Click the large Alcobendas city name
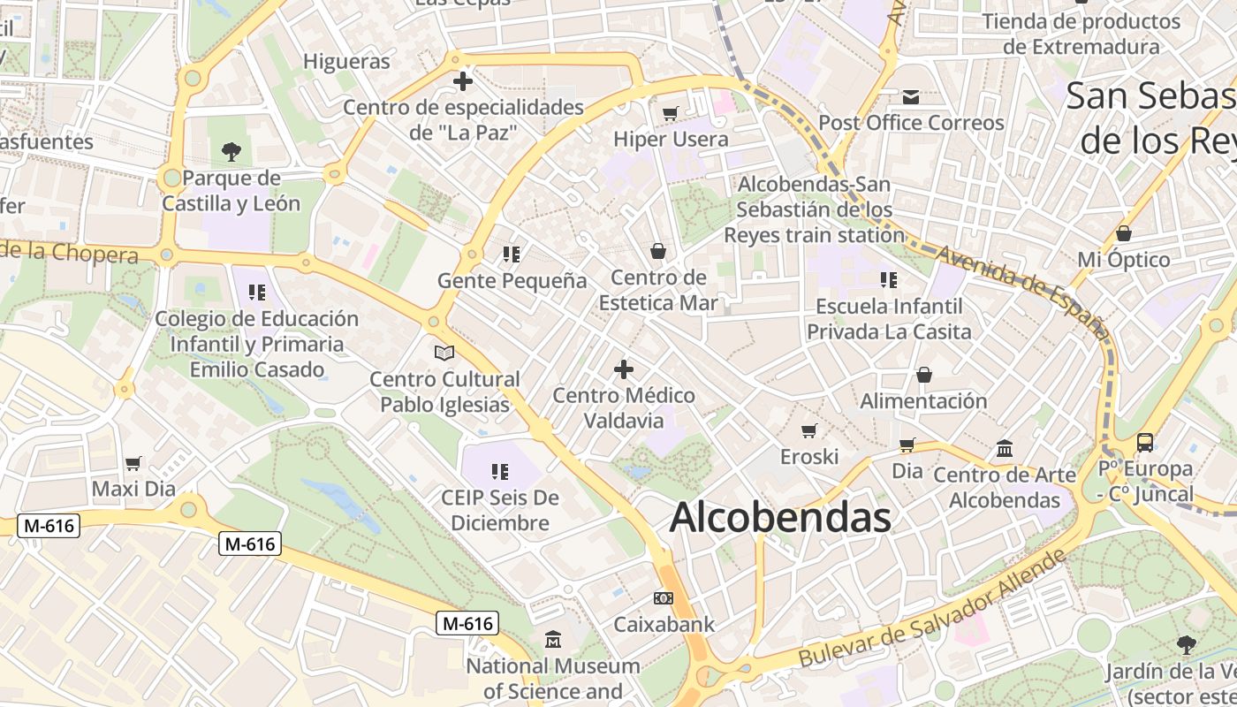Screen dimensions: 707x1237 [x=780, y=518]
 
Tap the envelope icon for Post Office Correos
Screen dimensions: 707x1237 [x=911, y=97]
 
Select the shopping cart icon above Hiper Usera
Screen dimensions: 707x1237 [x=671, y=113]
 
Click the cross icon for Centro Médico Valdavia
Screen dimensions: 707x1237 [x=624, y=369]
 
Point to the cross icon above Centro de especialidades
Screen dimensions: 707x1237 [x=462, y=81]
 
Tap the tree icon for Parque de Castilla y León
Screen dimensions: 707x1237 [x=231, y=152]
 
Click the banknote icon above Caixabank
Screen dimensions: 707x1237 [x=664, y=598]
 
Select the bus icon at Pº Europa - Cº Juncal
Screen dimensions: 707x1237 [x=1145, y=442]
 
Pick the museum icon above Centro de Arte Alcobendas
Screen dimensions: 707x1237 [x=1004, y=449]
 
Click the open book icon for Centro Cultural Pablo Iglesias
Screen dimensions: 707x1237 [x=444, y=353]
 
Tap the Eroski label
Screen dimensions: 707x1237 [x=808, y=457]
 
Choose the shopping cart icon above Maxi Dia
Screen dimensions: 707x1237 [x=133, y=463]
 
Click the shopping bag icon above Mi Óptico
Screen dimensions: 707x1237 [x=1123, y=233]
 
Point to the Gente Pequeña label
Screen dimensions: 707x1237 [x=512, y=281]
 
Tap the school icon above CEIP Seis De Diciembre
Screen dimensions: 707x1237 [x=500, y=472]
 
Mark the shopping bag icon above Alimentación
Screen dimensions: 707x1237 [x=924, y=375]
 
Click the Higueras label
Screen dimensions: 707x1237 [x=346, y=61]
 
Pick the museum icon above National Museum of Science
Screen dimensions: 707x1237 [x=553, y=639]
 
